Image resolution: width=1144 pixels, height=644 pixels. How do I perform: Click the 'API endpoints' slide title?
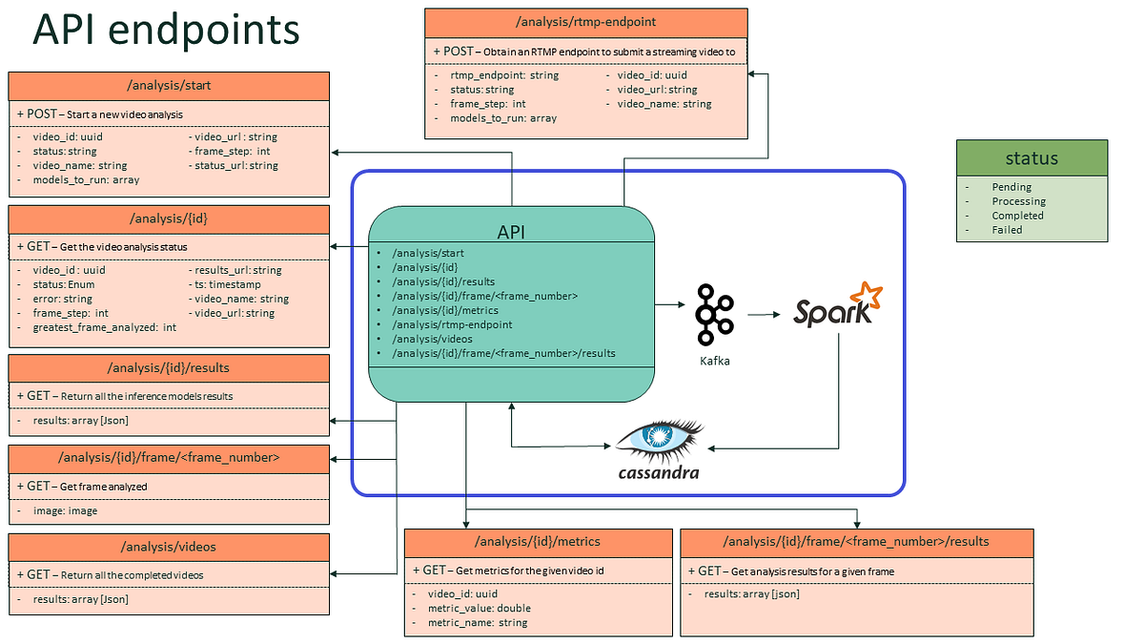[x=167, y=31]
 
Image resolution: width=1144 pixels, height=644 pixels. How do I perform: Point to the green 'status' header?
[x=1032, y=158]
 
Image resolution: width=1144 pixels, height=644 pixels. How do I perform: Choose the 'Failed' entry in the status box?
[x=1007, y=230]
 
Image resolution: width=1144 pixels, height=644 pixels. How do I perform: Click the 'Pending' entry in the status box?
[x=1011, y=187]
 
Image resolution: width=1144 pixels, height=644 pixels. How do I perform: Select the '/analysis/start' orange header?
[x=169, y=86]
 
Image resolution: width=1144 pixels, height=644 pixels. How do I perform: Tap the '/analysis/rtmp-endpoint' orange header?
[x=585, y=21]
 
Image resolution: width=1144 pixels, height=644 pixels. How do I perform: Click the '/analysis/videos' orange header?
[x=169, y=548]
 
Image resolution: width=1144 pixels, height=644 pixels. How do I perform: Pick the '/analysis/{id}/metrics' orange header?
[x=538, y=542]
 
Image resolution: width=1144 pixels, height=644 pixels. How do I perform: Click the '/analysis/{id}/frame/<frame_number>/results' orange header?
[x=856, y=542]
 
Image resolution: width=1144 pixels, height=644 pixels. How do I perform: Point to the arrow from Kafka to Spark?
[x=764, y=312]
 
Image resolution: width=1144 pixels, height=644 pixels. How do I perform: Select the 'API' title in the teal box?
[x=512, y=232]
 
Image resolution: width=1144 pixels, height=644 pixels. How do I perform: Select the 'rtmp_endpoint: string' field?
[x=504, y=74]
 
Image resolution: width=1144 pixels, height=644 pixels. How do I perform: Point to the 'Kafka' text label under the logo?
[x=715, y=361]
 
